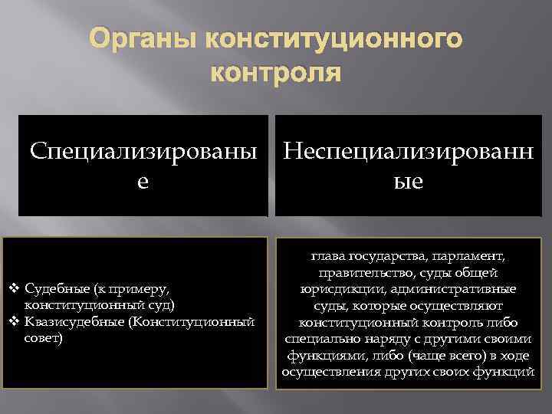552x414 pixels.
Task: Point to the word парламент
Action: coord(472,255)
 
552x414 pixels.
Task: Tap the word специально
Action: coord(318,338)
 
